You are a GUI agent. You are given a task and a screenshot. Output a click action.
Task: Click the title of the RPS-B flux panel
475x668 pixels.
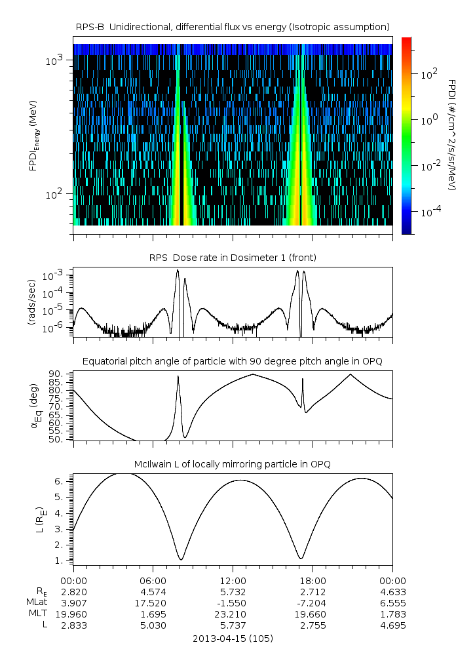(x=233, y=26)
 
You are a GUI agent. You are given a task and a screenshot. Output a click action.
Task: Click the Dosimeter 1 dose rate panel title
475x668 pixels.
(x=233, y=258)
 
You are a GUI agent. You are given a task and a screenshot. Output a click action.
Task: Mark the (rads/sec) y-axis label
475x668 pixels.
(x=31, y=303)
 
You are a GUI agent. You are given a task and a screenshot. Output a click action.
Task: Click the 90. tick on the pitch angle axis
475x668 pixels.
(x=57, y=374)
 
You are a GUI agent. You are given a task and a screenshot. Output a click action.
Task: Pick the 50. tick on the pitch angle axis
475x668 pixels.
(x=57, y=439)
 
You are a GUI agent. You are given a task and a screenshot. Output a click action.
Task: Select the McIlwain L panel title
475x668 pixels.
(x=233, y=464)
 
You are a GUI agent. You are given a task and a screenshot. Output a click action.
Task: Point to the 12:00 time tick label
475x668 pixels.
(x=233, y=580)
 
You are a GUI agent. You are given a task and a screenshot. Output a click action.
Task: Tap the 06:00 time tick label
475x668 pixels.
(x=153, y=580)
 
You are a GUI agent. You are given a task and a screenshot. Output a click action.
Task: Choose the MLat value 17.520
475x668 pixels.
(x=153, y=602)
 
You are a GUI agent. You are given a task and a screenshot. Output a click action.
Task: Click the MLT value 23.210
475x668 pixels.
(x=233, y=614)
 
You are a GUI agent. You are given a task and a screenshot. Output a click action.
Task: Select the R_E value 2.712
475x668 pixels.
(x=313, y=591)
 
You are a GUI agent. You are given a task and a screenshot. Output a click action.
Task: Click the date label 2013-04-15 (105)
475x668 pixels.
(x=233, y=638)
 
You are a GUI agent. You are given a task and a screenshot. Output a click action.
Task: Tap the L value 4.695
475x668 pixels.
(x=392, y=625)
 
